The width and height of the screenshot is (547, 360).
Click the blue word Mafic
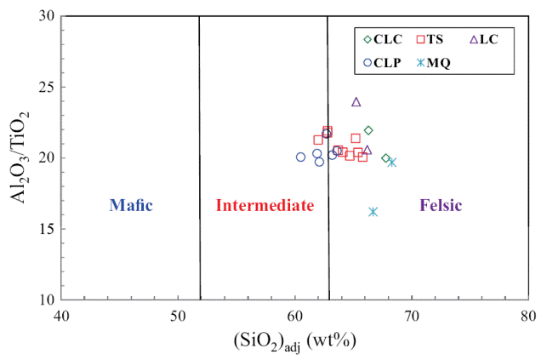click(129, 205)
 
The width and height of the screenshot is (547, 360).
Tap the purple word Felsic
click(441, 205)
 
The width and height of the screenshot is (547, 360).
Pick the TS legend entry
click(430, 38)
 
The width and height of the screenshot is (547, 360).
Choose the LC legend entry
click(483, 38)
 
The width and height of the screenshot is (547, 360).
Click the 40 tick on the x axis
click(60, 316)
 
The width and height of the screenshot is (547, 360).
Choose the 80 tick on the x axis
click(528, 316)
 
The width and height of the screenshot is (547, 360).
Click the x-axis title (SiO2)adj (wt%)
click(293, 341)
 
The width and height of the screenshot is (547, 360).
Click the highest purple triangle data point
click(356, 102)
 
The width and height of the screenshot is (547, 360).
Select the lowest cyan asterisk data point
click(373, 211)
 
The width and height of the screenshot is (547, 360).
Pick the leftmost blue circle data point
click(300, 157)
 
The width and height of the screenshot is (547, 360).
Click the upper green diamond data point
click(368, 130)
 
